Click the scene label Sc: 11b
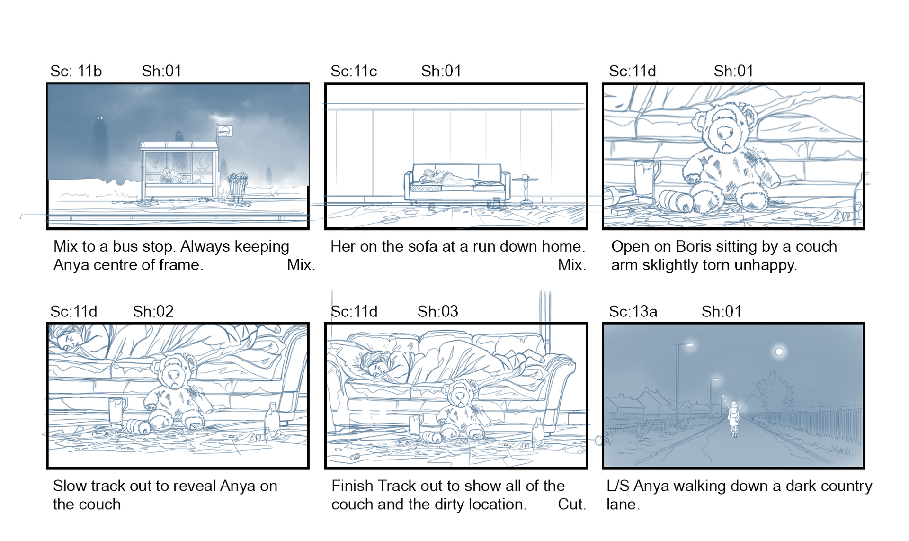[x=76, y=71]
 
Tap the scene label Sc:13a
[x=633, y=311]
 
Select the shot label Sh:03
[x=437, y=311]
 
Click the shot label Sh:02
[x=153, y=311]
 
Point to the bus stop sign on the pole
[x=225, y=131]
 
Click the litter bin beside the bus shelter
[x=238, y=186]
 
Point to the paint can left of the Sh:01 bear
[x=647, y=178]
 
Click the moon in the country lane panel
[x=779, y=352]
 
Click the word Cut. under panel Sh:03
[x=572, y=504]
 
